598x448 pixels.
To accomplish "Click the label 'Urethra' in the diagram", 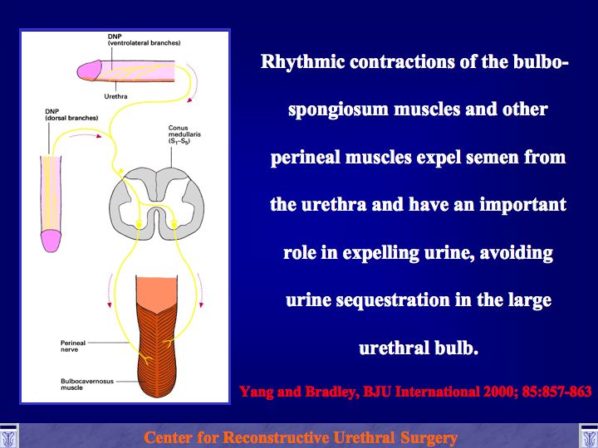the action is click(x=116, y=97).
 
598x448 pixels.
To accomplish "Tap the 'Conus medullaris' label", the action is click(x=184, y=135).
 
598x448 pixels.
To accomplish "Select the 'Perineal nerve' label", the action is click(x=73, y=346).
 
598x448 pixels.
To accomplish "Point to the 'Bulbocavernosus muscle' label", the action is click(x=87, y=384).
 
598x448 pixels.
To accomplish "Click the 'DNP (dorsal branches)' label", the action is click(x=71, y=114).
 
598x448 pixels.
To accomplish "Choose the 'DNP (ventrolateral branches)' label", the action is click(x=144, y=40).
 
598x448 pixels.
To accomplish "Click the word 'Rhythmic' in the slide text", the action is click(x=302, y=62).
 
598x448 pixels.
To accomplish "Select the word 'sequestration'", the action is click(x=394, y=300).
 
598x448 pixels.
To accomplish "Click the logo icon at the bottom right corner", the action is click(x=589, y=436).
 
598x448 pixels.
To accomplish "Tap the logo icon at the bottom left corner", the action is click(x=8, y=436).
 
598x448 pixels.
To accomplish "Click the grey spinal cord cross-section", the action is click(x=156, y=204).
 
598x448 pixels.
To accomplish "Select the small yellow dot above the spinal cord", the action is click(x=121, y=171).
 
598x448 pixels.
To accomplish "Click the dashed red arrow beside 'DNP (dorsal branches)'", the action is click(x=86, y=135).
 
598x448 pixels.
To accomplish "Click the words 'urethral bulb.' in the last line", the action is click(x=419, y=348).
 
